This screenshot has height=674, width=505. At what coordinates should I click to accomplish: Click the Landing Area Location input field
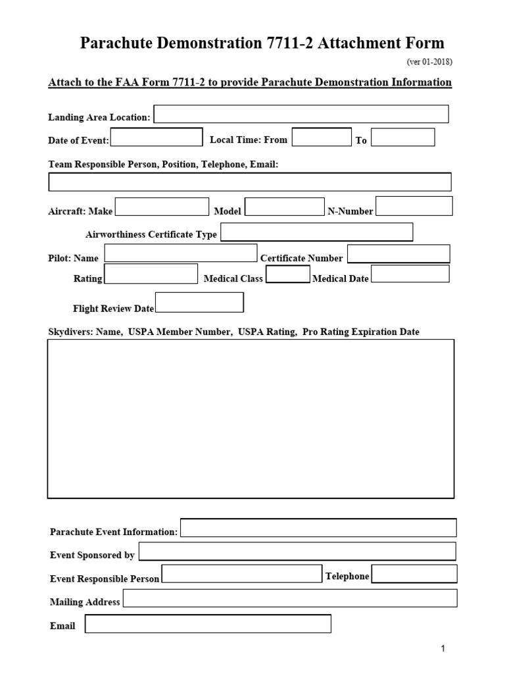coord(301,114)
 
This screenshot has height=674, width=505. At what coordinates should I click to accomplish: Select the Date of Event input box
coord(156,138)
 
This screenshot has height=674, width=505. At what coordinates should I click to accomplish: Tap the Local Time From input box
coord(322,138)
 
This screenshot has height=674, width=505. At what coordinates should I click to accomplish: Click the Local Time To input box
coord(403,138)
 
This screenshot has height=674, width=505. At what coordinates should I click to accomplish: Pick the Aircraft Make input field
coord(162,207)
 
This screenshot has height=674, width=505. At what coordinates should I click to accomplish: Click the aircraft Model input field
coord(285,207)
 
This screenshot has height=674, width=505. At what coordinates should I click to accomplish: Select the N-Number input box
coord(414,206)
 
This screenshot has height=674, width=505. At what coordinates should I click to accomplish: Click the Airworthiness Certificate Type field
coord(317,232)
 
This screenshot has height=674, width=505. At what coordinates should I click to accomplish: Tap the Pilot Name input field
coord(181,253)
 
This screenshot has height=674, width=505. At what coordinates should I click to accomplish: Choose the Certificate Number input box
coord(398,254)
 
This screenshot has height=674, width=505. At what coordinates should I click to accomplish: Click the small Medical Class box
coord(287,274)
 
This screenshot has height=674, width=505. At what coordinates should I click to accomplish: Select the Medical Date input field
coord(410,274)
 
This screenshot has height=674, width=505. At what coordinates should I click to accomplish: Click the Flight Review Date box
coord(199,303)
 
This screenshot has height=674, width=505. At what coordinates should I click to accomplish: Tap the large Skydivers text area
coord(251,419)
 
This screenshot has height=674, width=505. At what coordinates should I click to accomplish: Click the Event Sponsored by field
coord(297,552)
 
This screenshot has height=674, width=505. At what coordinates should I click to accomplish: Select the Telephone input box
coord(414,574)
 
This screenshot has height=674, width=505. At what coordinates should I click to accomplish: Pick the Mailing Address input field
coord(290,598)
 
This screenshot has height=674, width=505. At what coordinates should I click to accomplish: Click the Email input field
coord(208,623)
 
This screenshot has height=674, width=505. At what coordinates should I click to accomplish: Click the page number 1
coord(443,650)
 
